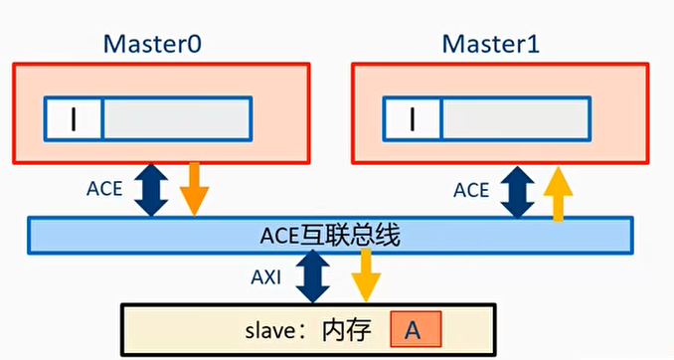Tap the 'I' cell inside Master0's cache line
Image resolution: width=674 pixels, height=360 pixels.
(x=74, y=119)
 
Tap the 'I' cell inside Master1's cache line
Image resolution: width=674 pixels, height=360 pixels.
(x=412, y=119)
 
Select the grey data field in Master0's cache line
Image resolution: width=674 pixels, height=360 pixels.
(x=176, y=119)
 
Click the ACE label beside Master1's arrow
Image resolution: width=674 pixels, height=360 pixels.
(x=471, y=188)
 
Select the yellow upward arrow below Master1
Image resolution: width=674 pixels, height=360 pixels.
(x=561, y=193)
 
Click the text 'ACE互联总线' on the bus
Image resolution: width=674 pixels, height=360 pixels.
(x=329, y=236)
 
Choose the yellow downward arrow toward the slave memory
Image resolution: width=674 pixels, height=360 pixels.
(x=366, y=274)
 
